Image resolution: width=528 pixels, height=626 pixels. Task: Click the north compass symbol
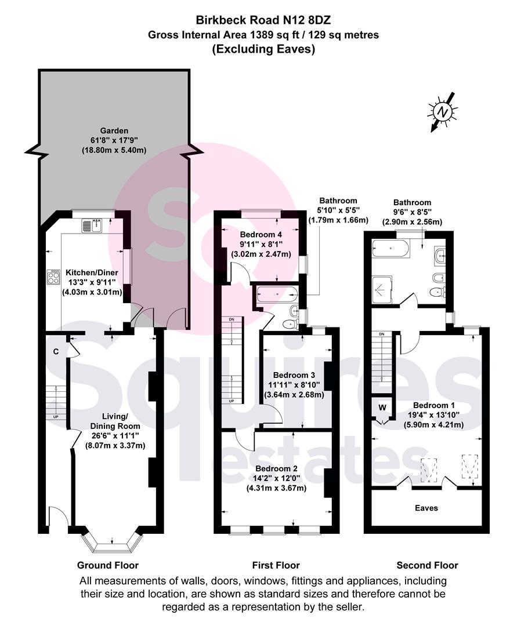coord(443,111)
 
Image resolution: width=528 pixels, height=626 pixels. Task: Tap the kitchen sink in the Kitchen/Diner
coord(92,225)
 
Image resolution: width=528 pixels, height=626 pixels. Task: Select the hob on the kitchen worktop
coord(53,277)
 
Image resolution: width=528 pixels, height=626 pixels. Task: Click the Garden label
coord(114,130)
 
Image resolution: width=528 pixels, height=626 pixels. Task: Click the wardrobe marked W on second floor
coord(382,407)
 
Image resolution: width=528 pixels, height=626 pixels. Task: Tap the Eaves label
coord(426,508)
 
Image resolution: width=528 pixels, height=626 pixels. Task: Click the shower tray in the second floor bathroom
coord(382,288)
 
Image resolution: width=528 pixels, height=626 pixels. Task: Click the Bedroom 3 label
coord(294,375)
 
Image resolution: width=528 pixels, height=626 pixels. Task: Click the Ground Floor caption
coord(108,565)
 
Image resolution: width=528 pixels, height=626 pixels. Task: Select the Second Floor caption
coord(427,565)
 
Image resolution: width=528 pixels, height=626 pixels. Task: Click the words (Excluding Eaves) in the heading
coord(263,49)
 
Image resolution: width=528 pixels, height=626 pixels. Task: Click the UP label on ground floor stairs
coord(56,417)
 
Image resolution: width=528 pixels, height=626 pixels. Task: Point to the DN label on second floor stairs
coord(382,334)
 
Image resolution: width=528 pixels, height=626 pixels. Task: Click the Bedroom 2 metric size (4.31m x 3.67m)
coord(276,488)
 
